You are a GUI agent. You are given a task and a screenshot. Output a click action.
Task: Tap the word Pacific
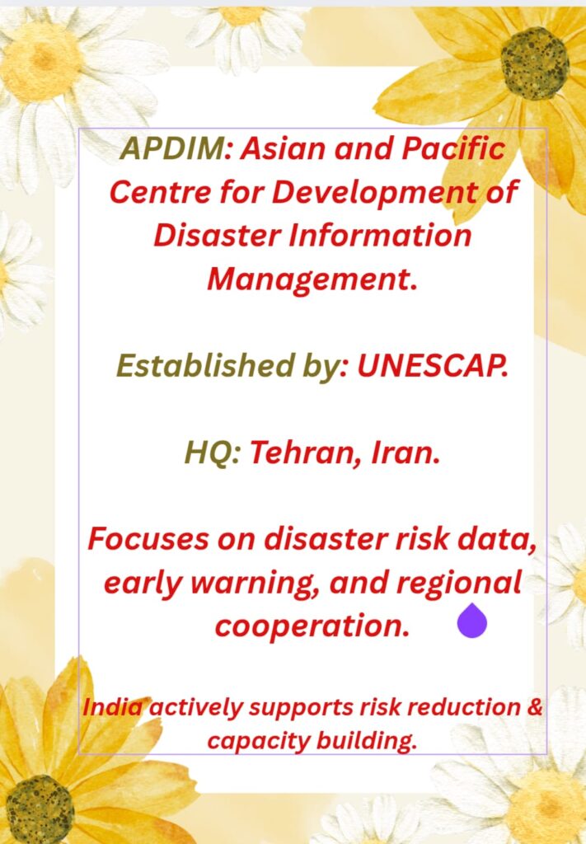click(x=453, y=148)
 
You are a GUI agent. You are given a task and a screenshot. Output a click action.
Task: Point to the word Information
click(x=380, y=235)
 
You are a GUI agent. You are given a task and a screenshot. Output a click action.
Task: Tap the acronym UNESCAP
click(x=433, y=366)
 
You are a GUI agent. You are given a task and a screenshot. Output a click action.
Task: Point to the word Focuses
click(x=148, y=539)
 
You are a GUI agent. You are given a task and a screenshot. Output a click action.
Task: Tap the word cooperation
click(x=312, y=626)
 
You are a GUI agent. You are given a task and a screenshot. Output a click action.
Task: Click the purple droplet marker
click(x=472, y=621)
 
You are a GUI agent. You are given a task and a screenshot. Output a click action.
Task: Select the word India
click(x=113, y=707)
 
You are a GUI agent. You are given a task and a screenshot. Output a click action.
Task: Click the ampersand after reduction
click(x=534, y=707)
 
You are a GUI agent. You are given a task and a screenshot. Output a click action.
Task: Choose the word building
click(x=366, y=742)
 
